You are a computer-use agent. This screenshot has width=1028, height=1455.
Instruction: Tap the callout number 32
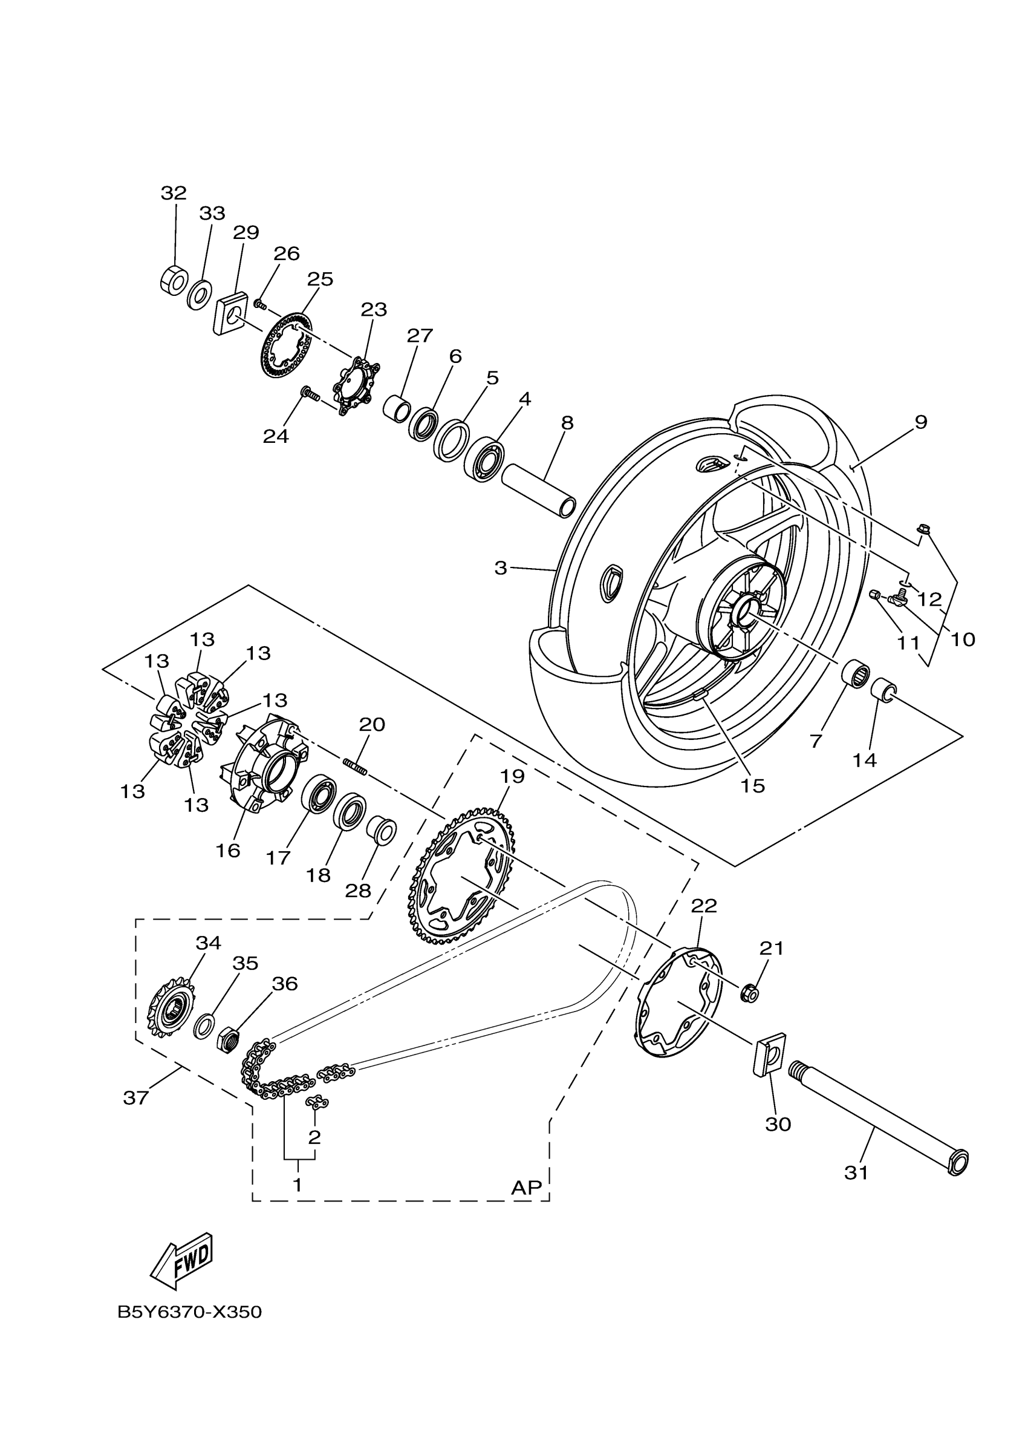tap(174, 192)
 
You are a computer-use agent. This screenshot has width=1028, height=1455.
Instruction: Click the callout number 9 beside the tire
tap(920, 422)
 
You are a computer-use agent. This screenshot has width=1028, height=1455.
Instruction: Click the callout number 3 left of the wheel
tap(500, 569)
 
